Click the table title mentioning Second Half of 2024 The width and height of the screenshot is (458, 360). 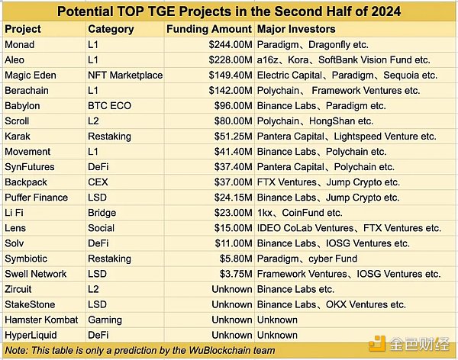click(228, 11)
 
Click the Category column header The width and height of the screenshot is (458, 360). click(111, 29)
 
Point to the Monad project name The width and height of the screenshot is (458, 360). click(20, 45)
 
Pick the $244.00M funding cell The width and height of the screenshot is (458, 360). click(226, 45)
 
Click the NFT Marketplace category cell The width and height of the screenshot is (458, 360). click(125, 76)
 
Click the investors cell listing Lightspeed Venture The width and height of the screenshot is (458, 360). click(346, 137)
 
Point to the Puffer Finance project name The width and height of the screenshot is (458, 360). click(36, 198)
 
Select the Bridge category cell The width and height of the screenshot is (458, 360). click(103, 213)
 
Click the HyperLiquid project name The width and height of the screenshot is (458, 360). click(30, 335)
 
